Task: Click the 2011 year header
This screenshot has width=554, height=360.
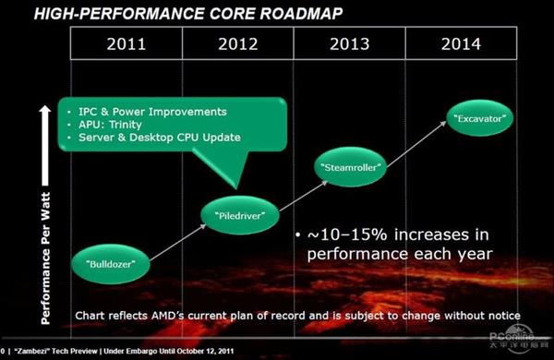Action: (x=126, y=44)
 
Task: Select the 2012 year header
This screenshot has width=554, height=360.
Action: (x=237, y=44)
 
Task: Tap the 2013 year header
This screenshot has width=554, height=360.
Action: (x=348, y=44)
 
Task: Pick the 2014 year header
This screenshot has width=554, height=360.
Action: (x=459, y=44)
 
